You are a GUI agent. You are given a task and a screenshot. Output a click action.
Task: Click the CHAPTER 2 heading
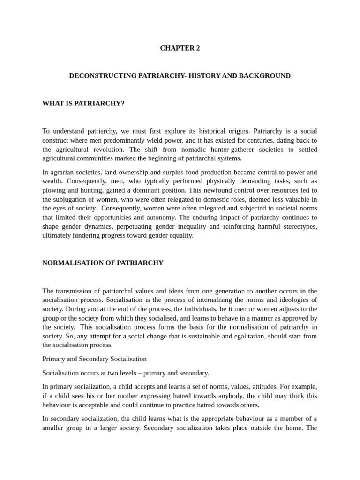(180, 48)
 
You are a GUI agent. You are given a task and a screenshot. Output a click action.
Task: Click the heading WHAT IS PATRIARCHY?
(83, 103)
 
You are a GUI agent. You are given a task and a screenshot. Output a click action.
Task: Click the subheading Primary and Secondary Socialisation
(94, 359)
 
